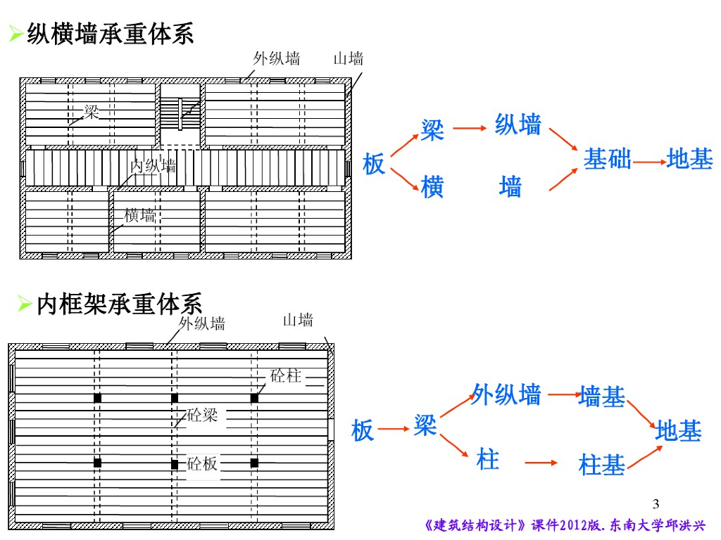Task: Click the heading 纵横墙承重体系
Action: point(110,34)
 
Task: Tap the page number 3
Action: point(656,503)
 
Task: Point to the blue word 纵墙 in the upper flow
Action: point(518,125)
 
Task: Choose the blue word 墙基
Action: point(601,397)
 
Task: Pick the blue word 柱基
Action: point(601,465)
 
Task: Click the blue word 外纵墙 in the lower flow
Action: point(506,394)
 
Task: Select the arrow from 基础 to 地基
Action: point(649,162)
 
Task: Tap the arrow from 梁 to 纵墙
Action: point(470,129)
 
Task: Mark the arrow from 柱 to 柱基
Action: point(541,463)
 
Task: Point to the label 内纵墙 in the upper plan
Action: point(153,167)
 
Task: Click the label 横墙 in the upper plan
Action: point(139,215)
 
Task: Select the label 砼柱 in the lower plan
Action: point(285,375)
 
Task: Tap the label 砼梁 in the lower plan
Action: point(203,415)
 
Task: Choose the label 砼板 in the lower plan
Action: point(203,463)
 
